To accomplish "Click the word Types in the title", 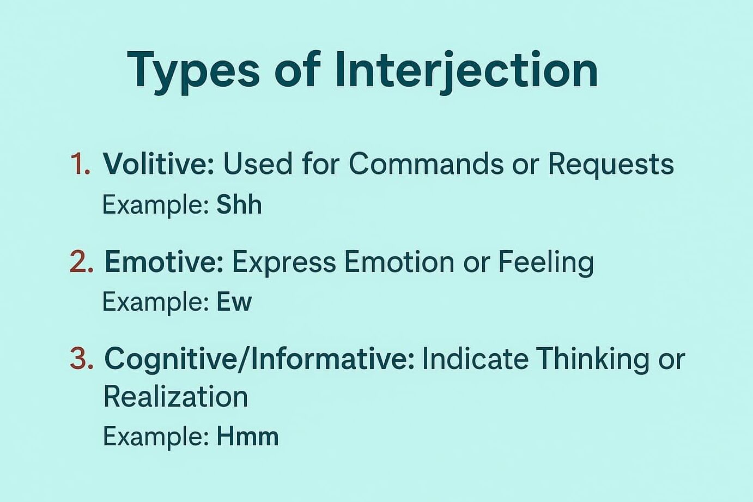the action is [193, 72].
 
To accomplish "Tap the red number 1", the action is [81, 164].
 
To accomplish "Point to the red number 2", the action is [82, 262].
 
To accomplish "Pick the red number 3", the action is [82, 359].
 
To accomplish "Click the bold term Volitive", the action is [159, 164].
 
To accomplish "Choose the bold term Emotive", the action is [164, 262].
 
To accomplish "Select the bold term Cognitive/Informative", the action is [259, 359].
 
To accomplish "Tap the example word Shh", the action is [239, 205].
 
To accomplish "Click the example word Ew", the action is [234, 301].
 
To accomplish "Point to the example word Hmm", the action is [248, 436].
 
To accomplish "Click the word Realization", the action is [176, 397].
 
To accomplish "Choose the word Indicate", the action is [476, 359].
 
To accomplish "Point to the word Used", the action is [258, 164].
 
